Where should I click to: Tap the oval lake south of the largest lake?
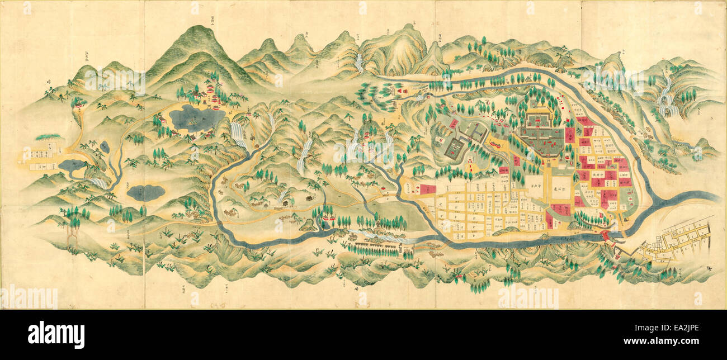click(x=145, y=193)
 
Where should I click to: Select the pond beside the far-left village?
click(x=72, y=165)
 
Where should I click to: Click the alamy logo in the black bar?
click(x=56, y=335)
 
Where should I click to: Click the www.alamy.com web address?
click(x=669, y=341)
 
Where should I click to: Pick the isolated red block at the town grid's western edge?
click(x=428, y=190)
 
